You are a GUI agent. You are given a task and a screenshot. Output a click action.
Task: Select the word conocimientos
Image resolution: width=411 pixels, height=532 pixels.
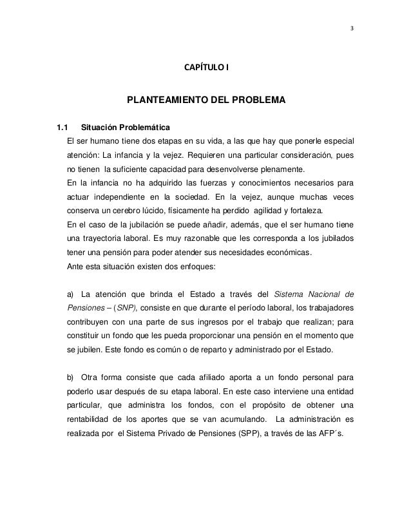point(268,183)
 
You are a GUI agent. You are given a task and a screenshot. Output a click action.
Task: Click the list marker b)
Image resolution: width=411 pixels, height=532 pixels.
point(71,379)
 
